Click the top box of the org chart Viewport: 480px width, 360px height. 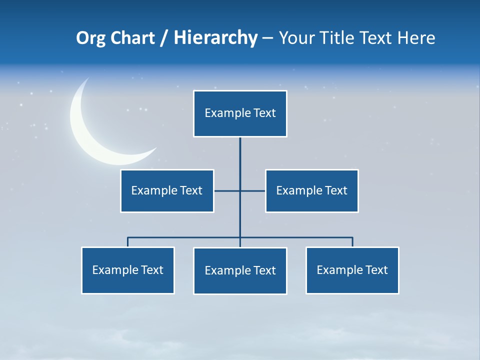point(240,113)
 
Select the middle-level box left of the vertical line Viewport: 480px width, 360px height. point(167,190)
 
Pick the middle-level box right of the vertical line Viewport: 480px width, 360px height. point(312,190)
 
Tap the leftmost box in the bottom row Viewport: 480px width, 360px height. point(128,270)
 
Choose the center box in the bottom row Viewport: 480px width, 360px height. point(240,270)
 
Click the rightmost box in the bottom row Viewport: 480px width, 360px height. point(352,270)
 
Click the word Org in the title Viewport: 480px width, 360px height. point(90,38)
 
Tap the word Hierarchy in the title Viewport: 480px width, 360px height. point(215,38)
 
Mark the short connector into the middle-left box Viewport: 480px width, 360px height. point(226,190)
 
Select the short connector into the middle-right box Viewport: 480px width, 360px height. point(253,190)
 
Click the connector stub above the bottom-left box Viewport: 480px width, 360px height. point(128,242)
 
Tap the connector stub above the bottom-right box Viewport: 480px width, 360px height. point(352,242)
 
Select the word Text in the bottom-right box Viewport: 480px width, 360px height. point(376,270)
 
